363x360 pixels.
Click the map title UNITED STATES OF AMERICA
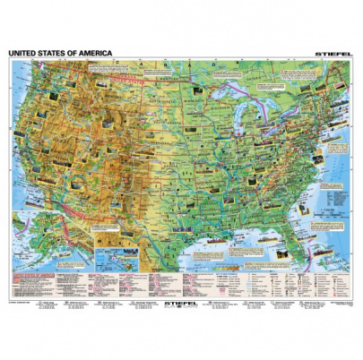[x=60, y=54]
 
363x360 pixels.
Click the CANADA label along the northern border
[x=161, y=72]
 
